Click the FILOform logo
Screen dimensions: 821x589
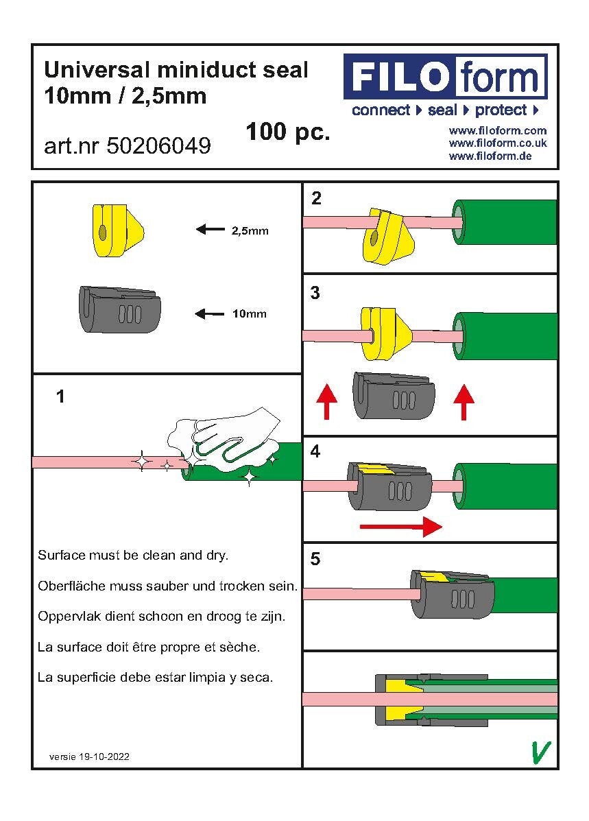[x=445, y=77]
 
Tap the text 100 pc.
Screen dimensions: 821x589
[x=287, y=132]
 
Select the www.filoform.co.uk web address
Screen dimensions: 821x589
[x=497, y=143]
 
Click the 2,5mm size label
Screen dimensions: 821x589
[x=250, y=231]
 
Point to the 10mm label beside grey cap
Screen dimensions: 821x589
[x=249, y=314]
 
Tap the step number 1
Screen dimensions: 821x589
[x=60, y=396]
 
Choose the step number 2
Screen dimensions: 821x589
[x=315, y=199]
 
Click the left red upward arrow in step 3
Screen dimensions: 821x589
[x=326, y=402]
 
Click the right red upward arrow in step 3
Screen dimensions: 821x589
[x=464, y=402]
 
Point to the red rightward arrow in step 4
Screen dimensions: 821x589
[x=400, y=527]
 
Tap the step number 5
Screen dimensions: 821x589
[x=315, y=559]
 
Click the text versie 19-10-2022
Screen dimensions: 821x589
[x=89, y=757]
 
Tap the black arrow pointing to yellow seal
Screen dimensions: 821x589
[x=211, y=230]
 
